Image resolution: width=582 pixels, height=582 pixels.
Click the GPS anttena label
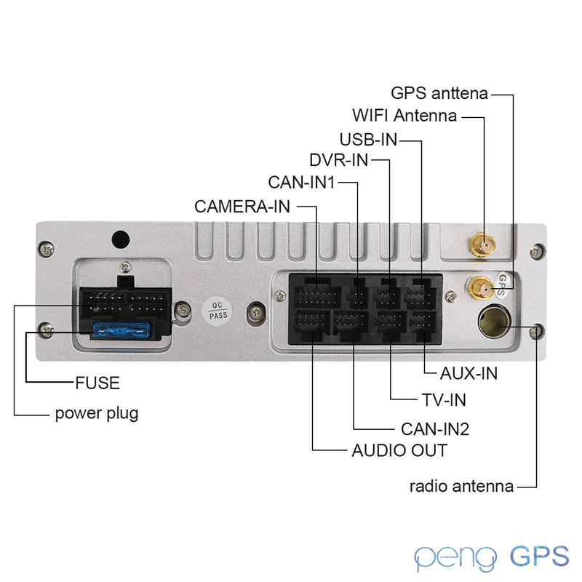439,93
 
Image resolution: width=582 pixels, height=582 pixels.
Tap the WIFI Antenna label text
404,116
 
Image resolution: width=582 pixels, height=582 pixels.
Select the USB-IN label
369,140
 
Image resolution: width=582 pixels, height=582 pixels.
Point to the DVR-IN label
338,160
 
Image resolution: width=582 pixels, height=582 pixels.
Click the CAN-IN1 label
301,183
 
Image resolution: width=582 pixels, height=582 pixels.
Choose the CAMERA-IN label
242,207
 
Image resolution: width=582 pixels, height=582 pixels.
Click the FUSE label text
97,383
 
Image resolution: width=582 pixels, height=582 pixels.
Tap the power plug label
97,413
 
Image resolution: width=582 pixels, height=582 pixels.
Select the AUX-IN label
469,373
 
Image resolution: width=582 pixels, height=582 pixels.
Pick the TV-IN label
444,400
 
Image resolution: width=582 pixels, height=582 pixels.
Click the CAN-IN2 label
435,429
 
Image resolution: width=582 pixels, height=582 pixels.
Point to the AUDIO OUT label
399,450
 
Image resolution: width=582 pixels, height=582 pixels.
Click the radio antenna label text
461,486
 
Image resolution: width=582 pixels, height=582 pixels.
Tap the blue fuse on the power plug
121,330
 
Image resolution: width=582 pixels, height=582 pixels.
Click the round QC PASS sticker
217,311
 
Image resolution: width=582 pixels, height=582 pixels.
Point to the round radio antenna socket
494,322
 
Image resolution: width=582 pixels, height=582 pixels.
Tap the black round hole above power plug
121,239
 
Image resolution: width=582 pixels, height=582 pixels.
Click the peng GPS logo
491,557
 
